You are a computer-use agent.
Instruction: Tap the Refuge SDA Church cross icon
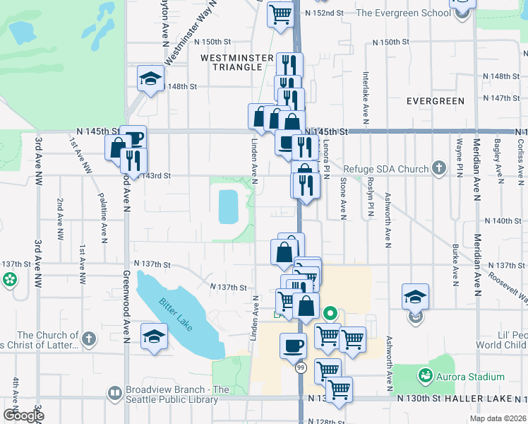[438, 169]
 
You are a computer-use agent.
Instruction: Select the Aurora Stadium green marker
[425, 374]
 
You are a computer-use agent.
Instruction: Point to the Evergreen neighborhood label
[435, 101]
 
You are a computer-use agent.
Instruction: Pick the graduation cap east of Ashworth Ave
[415, 297]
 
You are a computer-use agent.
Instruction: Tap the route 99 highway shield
[301, 368]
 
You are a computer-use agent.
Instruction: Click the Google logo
[23, 416]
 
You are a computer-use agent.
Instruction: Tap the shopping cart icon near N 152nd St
[280, 13]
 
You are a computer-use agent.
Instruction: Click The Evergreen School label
[403, 13]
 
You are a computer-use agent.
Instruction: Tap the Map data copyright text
[498, 418]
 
